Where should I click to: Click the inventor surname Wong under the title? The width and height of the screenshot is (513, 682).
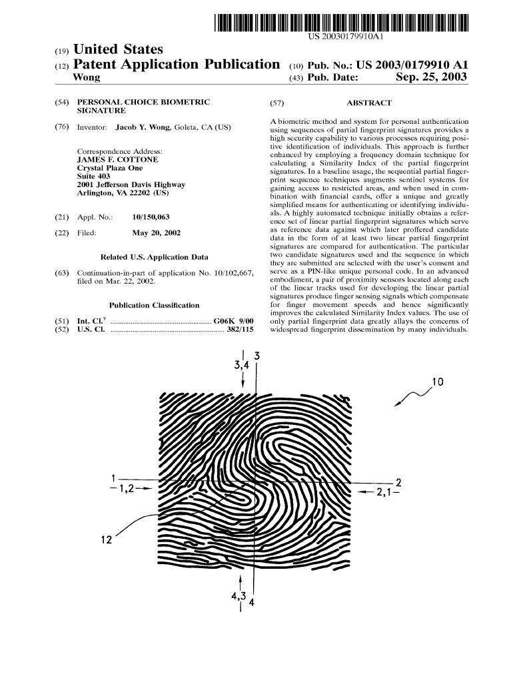(x=85, y=79)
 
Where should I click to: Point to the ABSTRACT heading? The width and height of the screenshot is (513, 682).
(x=370, y=103)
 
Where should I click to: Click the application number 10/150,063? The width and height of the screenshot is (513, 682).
(x=151, y=217)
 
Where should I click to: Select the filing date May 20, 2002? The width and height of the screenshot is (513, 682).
(x=157, y=233)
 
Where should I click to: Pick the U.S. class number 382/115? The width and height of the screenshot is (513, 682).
(x=241, y=329)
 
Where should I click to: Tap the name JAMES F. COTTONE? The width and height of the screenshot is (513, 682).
(x=118, y=161)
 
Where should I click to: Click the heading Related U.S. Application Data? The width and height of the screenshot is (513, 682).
(x=154, y=257)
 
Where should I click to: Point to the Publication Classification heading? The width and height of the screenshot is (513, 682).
(x=154, y=305)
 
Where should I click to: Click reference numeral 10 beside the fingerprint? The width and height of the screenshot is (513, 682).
(x=438, y=382)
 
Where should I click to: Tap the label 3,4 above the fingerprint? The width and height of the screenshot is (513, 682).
(x=241, y=365)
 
